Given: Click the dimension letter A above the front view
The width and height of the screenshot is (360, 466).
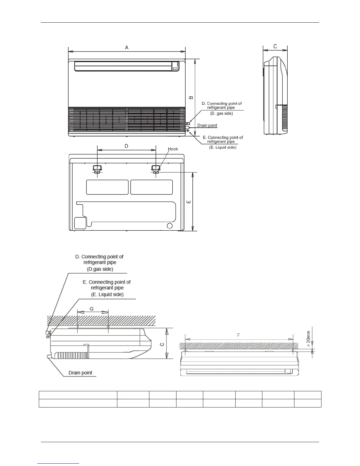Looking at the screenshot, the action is point(127,47).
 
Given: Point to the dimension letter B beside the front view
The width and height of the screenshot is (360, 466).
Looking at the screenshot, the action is point(191,97).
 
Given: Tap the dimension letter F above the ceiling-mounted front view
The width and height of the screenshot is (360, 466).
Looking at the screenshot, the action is point(239,335).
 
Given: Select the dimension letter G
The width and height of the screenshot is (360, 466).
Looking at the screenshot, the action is point(92,309).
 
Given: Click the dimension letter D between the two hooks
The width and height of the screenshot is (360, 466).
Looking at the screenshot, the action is point(126,146).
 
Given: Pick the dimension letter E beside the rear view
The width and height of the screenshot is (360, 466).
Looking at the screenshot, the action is point(189,202).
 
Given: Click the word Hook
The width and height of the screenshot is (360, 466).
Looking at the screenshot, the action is point(173,149).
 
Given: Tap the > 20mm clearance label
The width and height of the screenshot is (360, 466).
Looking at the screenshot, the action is point(308,339).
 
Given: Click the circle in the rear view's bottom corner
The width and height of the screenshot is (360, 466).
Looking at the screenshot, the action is point(170,226).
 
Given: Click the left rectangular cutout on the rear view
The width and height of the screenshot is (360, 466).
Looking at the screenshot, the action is point(107,187).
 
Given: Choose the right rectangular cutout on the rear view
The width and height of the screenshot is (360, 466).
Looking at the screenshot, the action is point(151,187).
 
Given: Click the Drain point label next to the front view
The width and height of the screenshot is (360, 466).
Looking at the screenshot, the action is point(207,125).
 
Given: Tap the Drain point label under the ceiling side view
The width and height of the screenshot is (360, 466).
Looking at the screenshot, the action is point(80,373).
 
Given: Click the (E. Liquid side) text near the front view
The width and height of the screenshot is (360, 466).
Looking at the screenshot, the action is point(223,147).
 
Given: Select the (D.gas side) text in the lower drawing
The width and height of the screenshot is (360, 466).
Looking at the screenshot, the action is point(100,269).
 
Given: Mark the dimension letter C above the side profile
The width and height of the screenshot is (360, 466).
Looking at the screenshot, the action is point(275,46).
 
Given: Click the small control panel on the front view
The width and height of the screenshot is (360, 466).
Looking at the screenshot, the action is point(176,66).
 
